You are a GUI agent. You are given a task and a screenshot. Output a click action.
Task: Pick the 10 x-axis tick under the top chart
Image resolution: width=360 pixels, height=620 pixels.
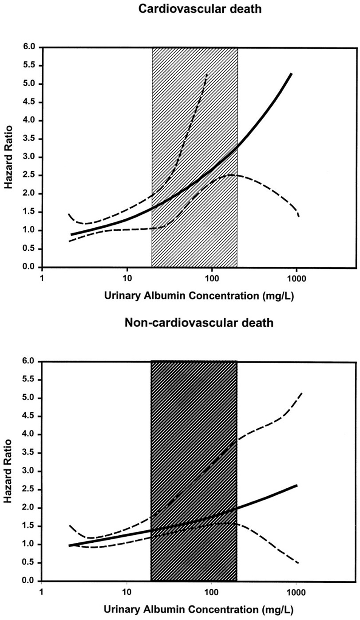click(127, 279)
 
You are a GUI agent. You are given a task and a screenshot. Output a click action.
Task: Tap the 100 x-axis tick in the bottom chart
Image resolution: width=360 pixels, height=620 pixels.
click(211, 592)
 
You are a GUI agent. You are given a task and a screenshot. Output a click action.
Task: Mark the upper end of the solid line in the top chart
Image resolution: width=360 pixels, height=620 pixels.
click(291, 74)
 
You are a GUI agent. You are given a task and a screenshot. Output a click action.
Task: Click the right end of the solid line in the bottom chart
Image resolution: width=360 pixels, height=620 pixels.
click(296, 486)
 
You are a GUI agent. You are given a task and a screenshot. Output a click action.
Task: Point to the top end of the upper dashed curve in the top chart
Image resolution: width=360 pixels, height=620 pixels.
click(207, 75)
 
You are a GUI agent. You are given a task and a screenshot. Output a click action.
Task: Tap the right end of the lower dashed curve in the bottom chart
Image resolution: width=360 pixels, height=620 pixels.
click(298, 563)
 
